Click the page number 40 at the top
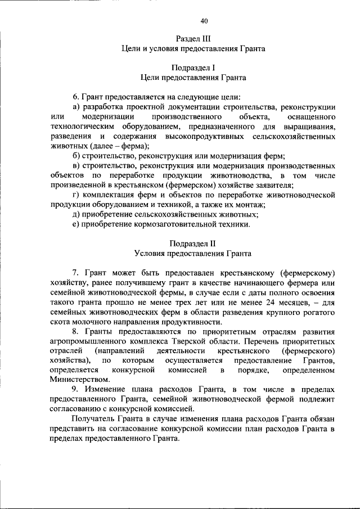pyautogui.click(x=204, y=21)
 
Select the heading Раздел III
pyautogui.click(x=193, y=38)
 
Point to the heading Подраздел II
pyautogui.click(x=193, y=243)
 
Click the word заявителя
pyautogui.click(x=273, y=184)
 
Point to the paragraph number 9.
pyautogui.click(x=75, y=390)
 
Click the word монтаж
pyautogui.click(x=249, y=205)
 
